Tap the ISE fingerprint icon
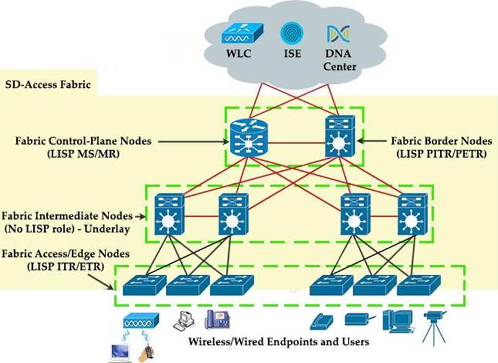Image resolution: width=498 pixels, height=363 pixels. (x=291, y=32)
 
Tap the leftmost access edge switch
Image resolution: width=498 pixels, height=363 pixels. (x=144, y=285)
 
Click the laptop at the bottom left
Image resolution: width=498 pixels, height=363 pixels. (x=120, y=351)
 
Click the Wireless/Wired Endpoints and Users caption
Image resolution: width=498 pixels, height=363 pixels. (x=278, y=342)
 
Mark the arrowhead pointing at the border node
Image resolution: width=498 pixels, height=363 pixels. (x=359, y=141)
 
